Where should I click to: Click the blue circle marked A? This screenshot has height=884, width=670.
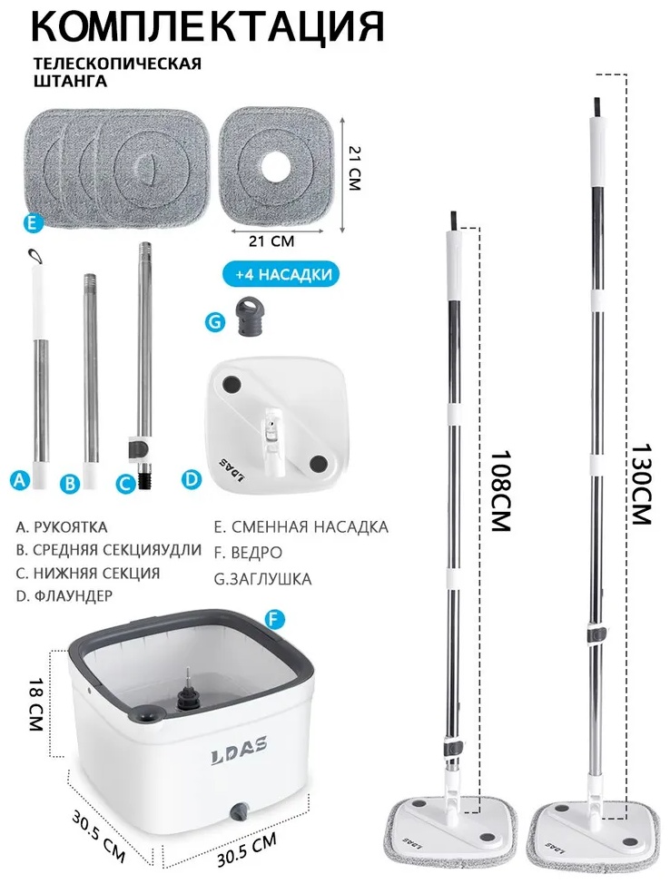[20, 480]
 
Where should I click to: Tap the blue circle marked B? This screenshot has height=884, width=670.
[70, 483]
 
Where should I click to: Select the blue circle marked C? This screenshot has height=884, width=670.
[126, 483]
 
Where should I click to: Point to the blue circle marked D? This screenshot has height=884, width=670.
[192, 479]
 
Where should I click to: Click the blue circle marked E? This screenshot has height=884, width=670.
[34, 222]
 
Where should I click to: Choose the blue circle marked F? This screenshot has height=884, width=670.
[274, 620]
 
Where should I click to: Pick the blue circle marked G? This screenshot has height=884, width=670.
[215, 322]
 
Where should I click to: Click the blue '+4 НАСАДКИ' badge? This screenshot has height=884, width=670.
[283, 275]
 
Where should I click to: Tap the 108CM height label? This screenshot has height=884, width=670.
[499, 490]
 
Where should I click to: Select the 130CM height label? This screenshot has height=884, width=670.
[641, 484]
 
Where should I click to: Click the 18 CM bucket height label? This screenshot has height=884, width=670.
[36, 704]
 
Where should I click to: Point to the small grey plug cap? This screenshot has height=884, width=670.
[248, 317]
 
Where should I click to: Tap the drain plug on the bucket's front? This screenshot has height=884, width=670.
[239, 811]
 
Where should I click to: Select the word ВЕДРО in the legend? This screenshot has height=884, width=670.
[257, 553]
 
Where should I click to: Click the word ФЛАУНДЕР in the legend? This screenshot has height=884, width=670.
[74, 595]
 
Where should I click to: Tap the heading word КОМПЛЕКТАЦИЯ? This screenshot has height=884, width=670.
[208, 25]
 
